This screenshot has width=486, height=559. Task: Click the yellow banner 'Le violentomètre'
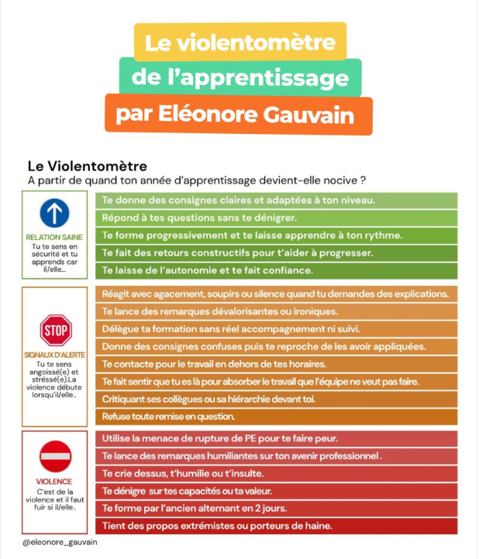(x=240, y=42)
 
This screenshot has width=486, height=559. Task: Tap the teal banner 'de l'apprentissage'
(x=240, y=77)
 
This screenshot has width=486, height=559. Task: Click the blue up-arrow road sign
(x=54, y=212)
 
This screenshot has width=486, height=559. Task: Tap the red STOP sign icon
(x=55, y=331)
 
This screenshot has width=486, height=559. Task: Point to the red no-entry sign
(x=55, y=457)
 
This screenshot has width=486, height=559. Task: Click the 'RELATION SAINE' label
(x=54, y=237)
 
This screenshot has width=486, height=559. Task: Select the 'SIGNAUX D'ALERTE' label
(x=54, y=355)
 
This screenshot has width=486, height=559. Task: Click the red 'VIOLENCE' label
(x=54, y=481)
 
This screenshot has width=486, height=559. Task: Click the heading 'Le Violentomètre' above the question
(x=87, y=166)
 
